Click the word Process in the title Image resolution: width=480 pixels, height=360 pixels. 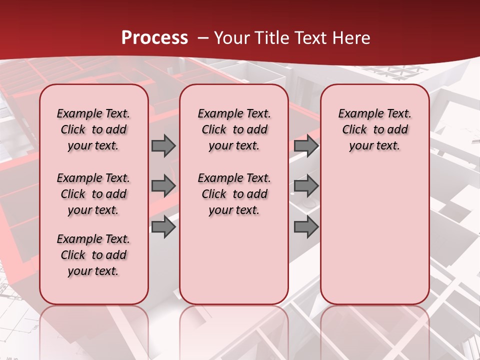click(154, 38)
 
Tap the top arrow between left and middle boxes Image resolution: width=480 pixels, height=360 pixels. click(163, 145)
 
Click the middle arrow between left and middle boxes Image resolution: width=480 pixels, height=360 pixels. click(163, 186)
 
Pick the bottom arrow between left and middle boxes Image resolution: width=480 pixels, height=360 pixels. click(163, 227)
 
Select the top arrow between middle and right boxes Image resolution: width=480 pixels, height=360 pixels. click(306, 145)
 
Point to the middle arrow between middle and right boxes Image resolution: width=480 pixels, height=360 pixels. click(306, 186)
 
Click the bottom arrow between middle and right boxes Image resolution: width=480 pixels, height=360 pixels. click(306, 227)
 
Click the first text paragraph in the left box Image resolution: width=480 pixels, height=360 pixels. click(93, 129)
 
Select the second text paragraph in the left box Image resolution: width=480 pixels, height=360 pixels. click(93, 194)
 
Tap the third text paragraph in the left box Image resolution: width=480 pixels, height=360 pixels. click(93, 255)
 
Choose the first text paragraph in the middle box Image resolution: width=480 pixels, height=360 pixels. click(234, 129)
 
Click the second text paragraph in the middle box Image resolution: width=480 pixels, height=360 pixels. click(234, 194)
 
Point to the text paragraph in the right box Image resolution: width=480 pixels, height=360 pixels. click(374, 129)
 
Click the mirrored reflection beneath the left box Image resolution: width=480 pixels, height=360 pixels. click(94, 330)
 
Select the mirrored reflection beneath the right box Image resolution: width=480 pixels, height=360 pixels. click(374, 330)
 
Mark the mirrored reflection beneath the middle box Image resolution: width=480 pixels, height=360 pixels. click(234, 330)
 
